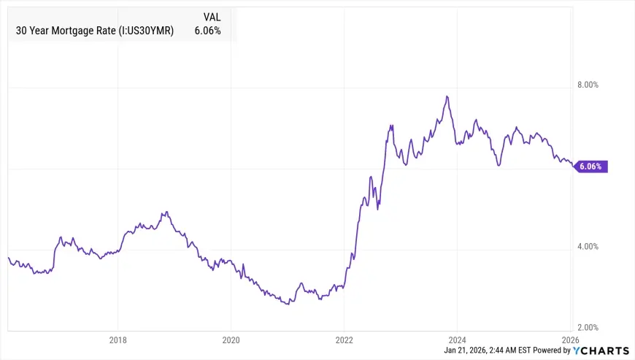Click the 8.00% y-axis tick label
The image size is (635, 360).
tap(588, 85)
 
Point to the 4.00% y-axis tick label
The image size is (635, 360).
tap(588, 247)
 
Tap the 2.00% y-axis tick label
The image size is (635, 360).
tap(588, 328)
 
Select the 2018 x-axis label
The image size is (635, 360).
tap(118, 340)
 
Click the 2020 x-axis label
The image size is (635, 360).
tap(231, 340)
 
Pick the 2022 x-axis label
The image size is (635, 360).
tap(344, 340)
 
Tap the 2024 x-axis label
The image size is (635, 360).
tap(457, 340)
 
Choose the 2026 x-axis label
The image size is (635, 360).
tap(570, 340)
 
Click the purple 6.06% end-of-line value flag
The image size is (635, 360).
tap(590, 166)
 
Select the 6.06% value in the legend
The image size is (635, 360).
tap(207, 31)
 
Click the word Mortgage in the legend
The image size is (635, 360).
tap(69, 31)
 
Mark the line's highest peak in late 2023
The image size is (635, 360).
tap(447, 96)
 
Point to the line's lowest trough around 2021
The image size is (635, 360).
tap(287, 303)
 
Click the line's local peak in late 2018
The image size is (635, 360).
tap(166, 212)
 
